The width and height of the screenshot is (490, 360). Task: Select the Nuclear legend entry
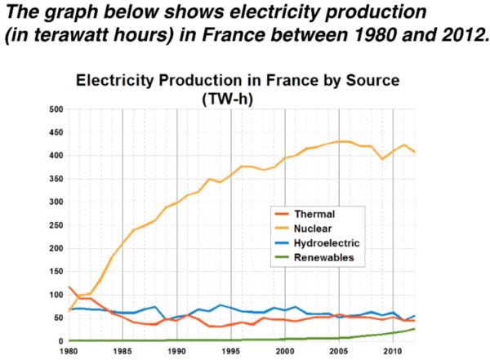tap(315, 229)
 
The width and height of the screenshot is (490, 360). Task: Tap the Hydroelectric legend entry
tap(328, 243)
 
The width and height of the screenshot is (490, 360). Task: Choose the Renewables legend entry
tap(323, 257)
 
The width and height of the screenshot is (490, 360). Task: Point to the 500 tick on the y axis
tap(55, 109)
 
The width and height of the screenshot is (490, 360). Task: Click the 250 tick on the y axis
tap(55, 225)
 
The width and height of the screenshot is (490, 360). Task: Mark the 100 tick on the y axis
tap(55, 295)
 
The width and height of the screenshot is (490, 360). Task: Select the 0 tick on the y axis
tap(59, 340)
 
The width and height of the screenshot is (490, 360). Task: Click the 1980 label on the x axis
tap(69, 351)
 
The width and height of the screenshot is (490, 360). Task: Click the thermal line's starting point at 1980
tap(69, 287)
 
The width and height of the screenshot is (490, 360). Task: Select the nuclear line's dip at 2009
tap(381, 158)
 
